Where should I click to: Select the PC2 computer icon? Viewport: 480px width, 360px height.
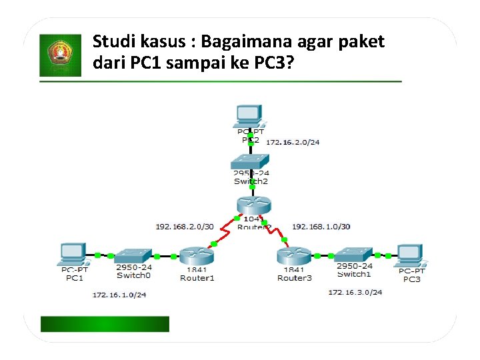pyautogui.click(x=248, y=116)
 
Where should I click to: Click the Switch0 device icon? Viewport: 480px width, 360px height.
pyautogui.click(x=133, y=255)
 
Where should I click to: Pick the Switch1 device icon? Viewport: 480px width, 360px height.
pyautogui.click(x=353, y=255)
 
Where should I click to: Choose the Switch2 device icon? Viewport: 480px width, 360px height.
pyautogui.click(x=251, y=161)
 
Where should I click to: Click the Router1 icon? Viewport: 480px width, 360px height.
pyautogui.click(x=196, y=255)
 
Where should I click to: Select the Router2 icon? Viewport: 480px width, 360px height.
pyautogui.click(x=251, y=206)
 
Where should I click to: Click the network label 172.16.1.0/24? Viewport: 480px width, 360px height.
pyautogui.click(x=119, y=294)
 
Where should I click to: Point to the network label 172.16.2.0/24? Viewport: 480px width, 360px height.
pyautogui.click(x=293, y=142)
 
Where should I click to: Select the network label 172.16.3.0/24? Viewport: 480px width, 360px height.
pyautogui.click(x=355, y=292)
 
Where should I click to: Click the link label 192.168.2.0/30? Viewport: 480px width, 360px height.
pyautogui.click(x=185, y=227)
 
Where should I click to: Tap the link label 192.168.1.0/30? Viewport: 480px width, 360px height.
pyautogui.click(x=321, y=227)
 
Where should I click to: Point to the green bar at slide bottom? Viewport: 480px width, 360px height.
pyautogui.click(x=105, y=324)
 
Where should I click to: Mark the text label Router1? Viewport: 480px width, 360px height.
pyautogui.click(x=197, y=277)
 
